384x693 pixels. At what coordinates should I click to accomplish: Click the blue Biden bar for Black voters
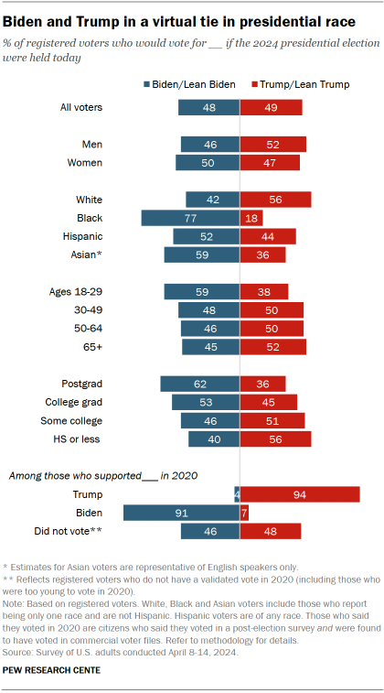pyautogui.click(x=190, y=218)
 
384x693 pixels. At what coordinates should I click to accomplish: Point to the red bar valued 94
pyautogui.click(x=299, y=494)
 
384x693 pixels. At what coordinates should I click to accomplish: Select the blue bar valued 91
pyautogui.click(x=181, y=514)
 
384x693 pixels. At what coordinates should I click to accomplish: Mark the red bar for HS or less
pyautogui.click(x=275, y=439)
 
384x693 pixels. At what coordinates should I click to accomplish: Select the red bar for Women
pyautogui.click(x=270, y=163)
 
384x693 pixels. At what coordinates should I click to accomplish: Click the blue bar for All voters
pyautogui.click(x=208, y=107)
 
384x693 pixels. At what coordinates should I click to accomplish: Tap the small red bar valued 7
pyautogui.click(x=244, y=514)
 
